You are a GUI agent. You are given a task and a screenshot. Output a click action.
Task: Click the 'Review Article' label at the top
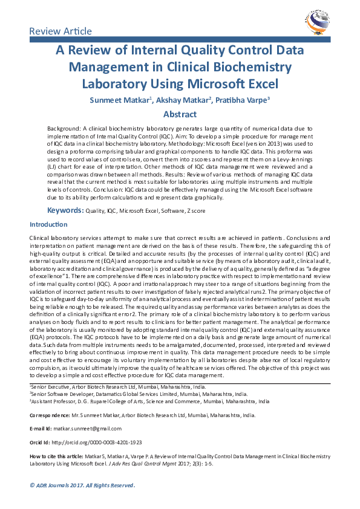tap(61, 31)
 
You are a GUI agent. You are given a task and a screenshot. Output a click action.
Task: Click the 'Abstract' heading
tap(180, 114)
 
